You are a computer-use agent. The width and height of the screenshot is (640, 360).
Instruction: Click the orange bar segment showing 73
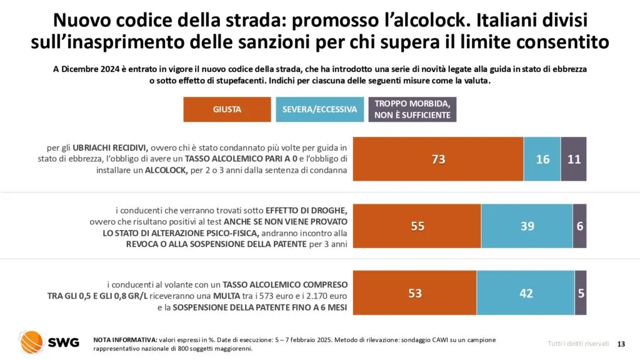(x=438, y=159)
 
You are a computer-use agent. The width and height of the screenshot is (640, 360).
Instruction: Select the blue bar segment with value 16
(x=542, y=159)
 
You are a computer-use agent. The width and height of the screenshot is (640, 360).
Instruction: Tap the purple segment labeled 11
(x=574, y=159)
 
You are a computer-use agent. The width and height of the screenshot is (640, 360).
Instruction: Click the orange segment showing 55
(x=417, y=226)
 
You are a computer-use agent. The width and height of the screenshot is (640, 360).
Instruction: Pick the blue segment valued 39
(x=527, y=226)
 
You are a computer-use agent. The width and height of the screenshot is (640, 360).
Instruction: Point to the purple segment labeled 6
(x=580, y=226)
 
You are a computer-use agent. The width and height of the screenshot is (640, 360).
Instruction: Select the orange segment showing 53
(x=415, y=292)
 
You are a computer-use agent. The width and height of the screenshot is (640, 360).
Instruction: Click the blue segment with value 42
(x=526, y=292)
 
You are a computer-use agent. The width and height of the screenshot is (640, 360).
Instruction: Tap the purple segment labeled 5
(x=581, y=292)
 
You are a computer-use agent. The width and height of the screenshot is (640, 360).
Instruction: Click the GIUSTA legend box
(x=227, y=109)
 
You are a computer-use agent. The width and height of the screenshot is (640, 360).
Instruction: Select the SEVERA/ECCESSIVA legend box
(x=319, y=109)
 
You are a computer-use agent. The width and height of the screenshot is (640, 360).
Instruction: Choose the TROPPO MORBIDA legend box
(x=412, y=109)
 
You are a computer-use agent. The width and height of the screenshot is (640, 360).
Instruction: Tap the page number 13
(x=621, y=344)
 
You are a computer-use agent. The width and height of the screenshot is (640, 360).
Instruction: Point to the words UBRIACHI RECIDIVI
(x=110, y=148)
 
